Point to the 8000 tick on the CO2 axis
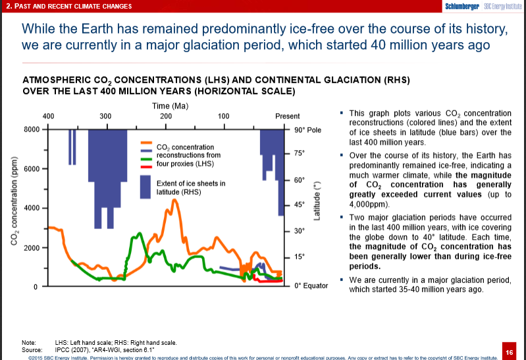click(x=32, y=129)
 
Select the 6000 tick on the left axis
click(x=32, y=168)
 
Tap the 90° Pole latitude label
click(x=307, y=130)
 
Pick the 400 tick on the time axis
click(x=48, y=116)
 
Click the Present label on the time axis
click(x=288, y=116)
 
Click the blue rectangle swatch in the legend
click(x=146, y=188)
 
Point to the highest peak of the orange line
click(x=175, y=200)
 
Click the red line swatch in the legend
click(x=146, y=166)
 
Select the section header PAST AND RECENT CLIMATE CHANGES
click(x=68, y=7)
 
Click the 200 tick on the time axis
click(x=165, y=116)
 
